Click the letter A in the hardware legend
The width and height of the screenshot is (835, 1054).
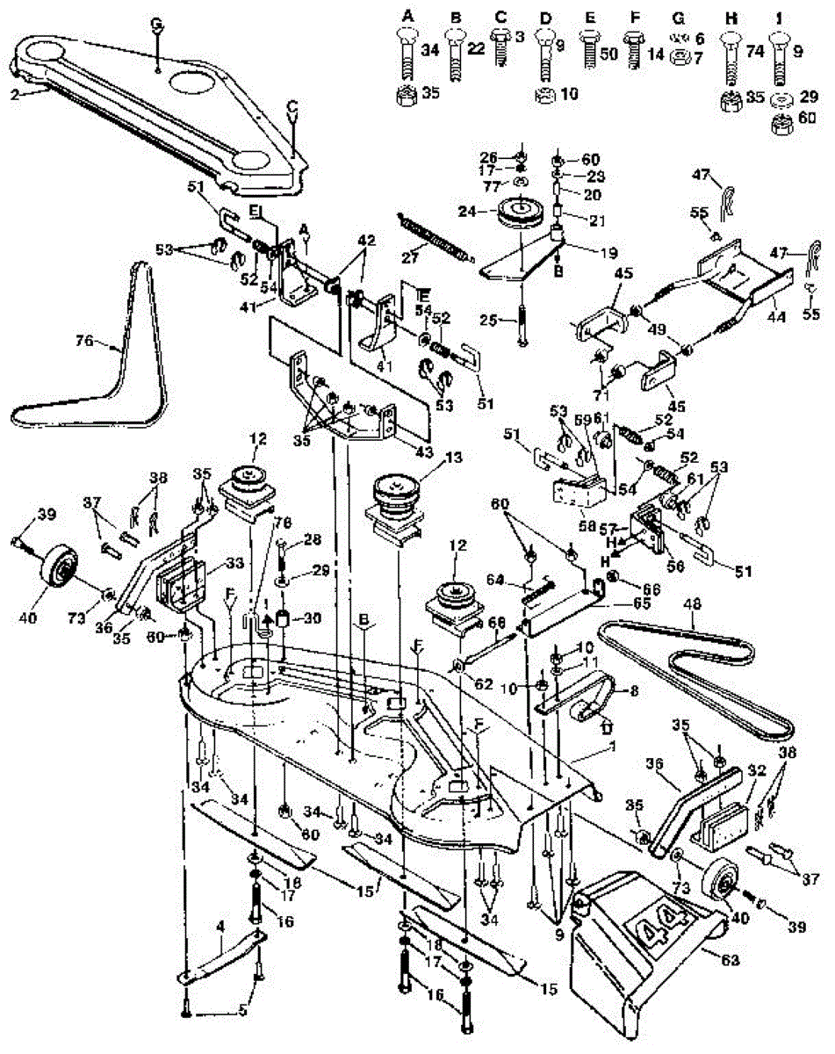tap(408, 15)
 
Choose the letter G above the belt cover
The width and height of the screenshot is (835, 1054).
tap(157, 25)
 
